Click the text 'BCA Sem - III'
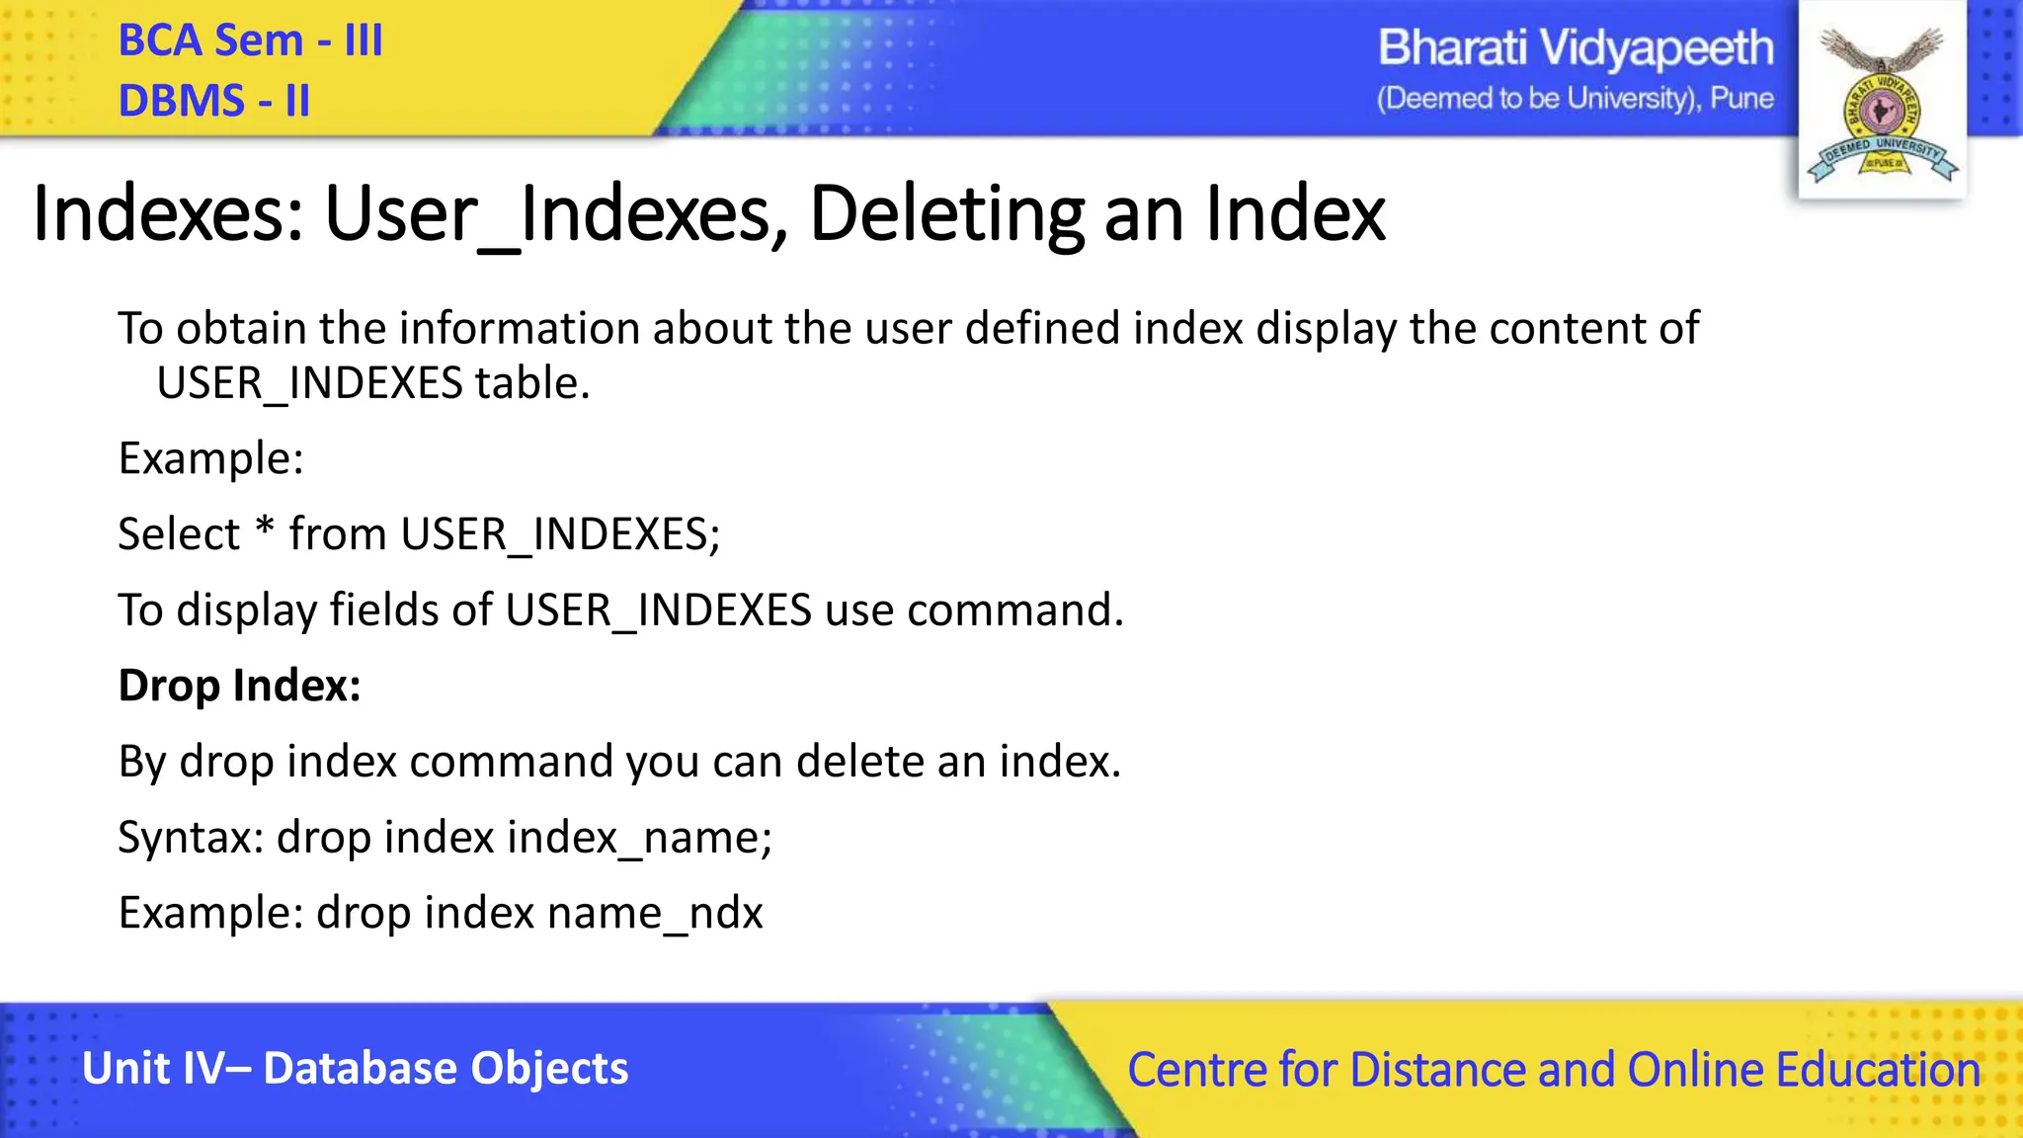(250, 41)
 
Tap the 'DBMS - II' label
(213, 101)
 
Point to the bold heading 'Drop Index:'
(239, 686)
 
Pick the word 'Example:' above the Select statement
(210, 458)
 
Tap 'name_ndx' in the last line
(655, 913)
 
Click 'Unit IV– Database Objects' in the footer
(355, 1069)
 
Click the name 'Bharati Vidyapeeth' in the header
(1576, 48)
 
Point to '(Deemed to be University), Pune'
(1576, 99)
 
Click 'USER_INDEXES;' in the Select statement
(560, 534)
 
